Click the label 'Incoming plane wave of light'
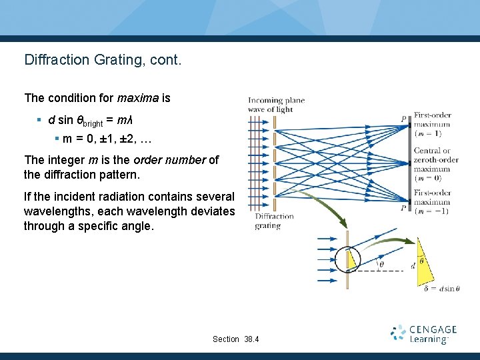pyautogui.click(x=276, y=105)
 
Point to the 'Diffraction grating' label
pyautogui.click(x=274, y=221)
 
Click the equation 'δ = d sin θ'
pyautogui.click(x=441, y=289)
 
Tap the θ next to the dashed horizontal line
pyautogui.click(x=381, y=264)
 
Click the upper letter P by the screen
pyautogui.click(x=403, y=119)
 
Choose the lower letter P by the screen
pyautogui.click(x=403, y=208)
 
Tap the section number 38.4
pyautogui.click(x=252, y=339)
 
